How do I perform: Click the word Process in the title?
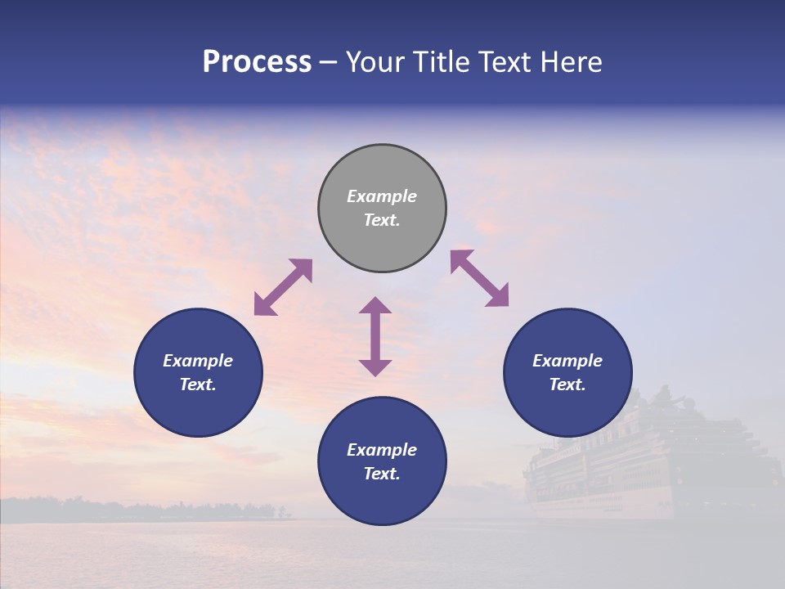(x=257, y=62)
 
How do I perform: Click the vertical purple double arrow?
(x=375, y=336)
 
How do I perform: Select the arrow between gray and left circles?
(x=283, y=287)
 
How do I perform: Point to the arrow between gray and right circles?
(x=479, y=278)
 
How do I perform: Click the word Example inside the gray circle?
(x=382, y=196)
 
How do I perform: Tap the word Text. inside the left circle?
(x=198, y=384)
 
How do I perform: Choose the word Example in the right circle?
(x=567, y=361)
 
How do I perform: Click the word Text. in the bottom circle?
(x=382, y=474)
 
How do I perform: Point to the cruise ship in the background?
(x=646, y=462)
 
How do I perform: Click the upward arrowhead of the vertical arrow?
(x=375, y=305)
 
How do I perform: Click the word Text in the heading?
(x=505, y=62)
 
